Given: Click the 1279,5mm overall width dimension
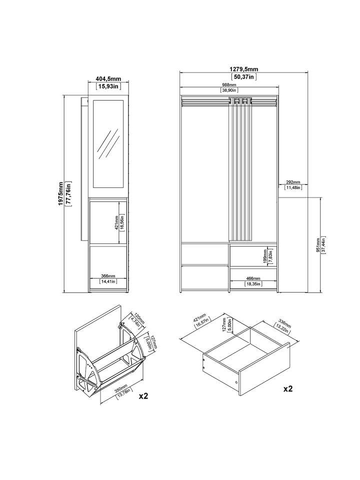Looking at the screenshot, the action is (243, 69).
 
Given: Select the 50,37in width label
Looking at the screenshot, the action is (243, 77).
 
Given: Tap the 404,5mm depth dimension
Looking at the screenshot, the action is (108, 79).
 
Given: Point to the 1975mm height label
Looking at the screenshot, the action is (60, 193).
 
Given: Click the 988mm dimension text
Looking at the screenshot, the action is (229, 85).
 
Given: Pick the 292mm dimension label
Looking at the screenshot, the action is (293, 182).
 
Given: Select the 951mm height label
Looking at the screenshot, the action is (318, 245).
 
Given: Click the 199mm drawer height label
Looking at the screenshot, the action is (265, 256).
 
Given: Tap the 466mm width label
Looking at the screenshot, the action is (253, 278).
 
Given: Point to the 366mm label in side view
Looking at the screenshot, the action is (108, 276).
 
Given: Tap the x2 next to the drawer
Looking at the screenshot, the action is (288, 389).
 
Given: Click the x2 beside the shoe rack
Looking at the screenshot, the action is (143, 396).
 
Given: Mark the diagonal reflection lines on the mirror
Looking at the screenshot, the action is (108, 141).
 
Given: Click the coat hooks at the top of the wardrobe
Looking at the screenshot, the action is (241, 101).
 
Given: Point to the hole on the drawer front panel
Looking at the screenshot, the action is (236, 383).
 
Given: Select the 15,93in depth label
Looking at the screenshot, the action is (108, 86).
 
